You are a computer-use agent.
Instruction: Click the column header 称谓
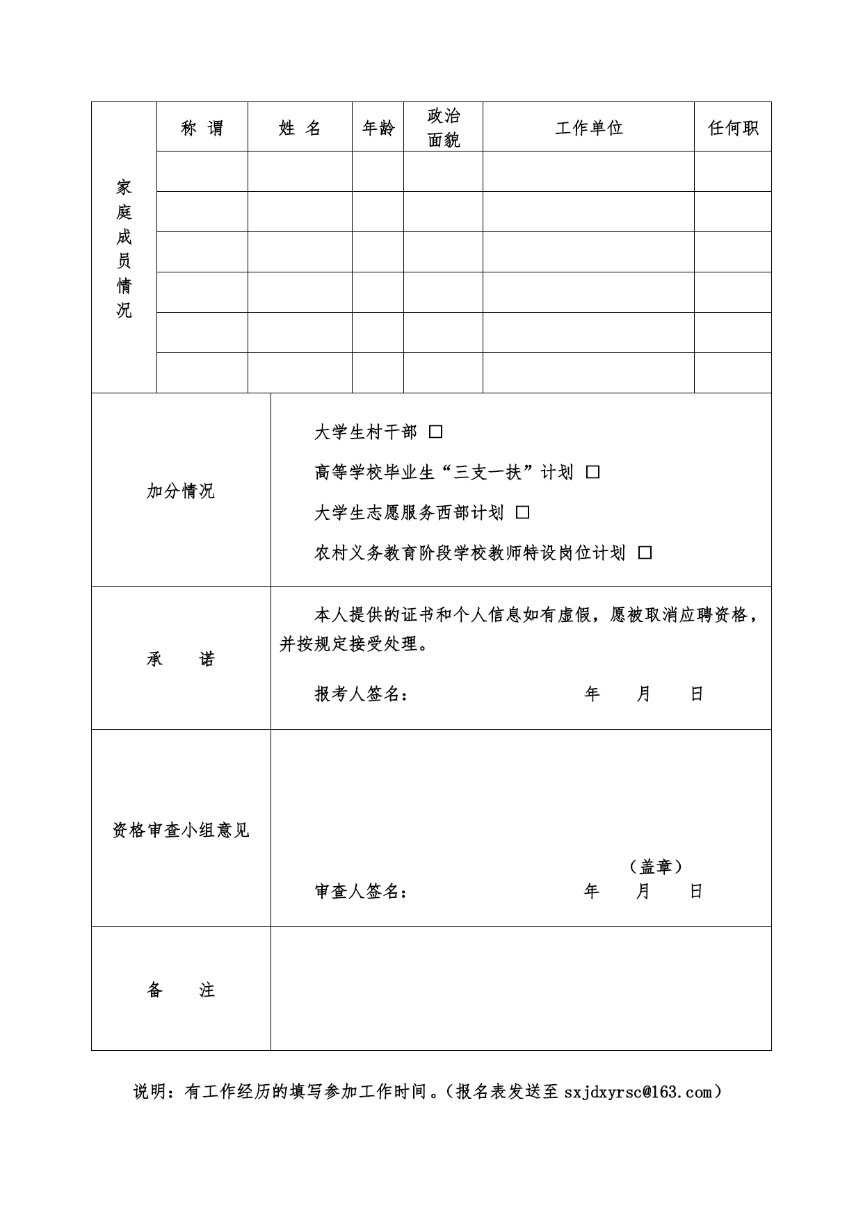pos(202,128)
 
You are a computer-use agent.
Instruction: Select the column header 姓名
pos(300,128)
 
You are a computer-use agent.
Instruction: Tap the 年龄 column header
pos(378,128)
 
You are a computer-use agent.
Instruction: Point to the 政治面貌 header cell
pos(443,127)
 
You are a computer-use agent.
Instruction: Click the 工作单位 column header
pos(588,128)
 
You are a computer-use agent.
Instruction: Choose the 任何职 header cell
pos(732,128)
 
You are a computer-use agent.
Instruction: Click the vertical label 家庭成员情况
pos(124,248)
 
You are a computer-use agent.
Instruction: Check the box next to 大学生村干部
pos(436,432)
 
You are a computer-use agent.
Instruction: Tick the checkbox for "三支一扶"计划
pos(592,473)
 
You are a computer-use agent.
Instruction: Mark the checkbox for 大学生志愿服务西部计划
pos(523,513)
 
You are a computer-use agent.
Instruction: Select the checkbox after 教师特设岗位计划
pos(645,553)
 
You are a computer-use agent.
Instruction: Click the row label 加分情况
pos(181,491)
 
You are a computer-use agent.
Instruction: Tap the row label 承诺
pos(181,659)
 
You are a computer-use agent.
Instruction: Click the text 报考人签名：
pos(361,694)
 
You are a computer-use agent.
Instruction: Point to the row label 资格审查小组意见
pos(181,830)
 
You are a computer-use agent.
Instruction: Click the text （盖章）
pos(655,867)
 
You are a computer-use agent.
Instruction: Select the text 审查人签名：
pos(361,892)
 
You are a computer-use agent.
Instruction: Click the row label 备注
pos(181,990)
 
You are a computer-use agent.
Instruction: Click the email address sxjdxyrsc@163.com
pos(638,1093)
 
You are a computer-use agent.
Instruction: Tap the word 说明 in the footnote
pos(150,1093)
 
